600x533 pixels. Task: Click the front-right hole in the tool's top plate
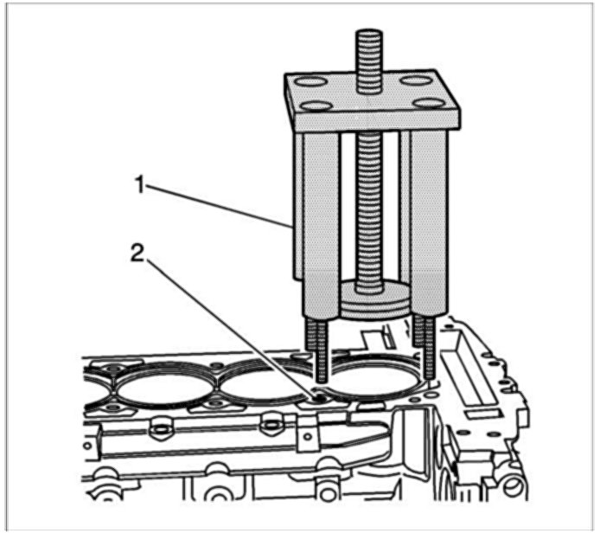[429, 105]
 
